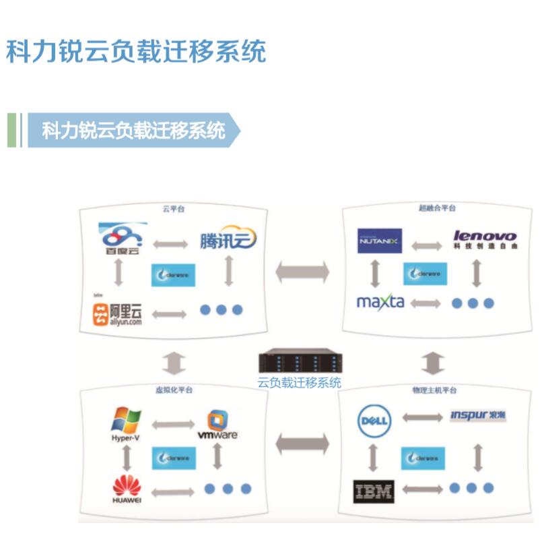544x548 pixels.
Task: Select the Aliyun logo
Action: point(118,314)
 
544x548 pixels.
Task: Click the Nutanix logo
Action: point(380,241)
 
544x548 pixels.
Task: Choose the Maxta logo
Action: point(380,301)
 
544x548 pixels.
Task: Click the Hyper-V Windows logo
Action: point(126,423)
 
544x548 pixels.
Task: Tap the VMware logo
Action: point(217,425)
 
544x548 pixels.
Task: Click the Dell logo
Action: point(374,421)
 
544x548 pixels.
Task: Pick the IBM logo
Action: point(373,491)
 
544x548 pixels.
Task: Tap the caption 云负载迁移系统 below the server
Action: point(299,384)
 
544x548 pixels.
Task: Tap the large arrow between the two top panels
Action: point(302,272)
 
